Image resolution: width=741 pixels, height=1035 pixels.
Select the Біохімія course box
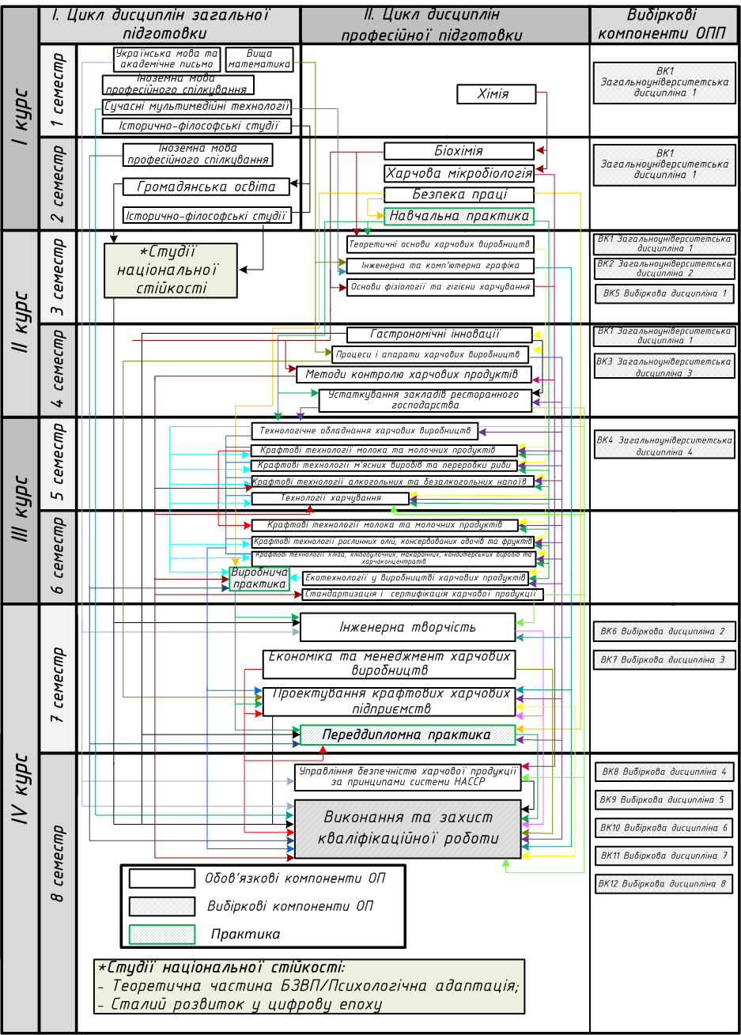(x=459, y=151)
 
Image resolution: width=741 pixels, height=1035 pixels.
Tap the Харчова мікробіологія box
(x=459, y=173)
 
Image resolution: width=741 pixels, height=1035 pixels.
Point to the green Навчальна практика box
(x=459, y=216)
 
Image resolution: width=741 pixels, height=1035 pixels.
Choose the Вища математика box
(x=259, y=59)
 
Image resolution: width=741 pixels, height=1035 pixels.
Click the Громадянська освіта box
(x=206, y=187)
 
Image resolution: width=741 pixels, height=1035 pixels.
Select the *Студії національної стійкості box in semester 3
(x=171, y=270)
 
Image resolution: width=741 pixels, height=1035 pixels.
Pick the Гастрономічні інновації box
(x=440, y=334)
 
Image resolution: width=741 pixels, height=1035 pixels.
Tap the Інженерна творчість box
(x=407, y=628)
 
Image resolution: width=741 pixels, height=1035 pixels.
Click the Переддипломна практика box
(x=407, y=735)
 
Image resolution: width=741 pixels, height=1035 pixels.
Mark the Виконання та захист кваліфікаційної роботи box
(x=407, y=829)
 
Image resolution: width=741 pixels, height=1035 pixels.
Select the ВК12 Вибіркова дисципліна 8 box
(x=663, y=884)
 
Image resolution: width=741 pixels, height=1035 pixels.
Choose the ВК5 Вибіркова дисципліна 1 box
(x=664, y=294)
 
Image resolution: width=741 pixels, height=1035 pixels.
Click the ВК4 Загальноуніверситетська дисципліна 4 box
(x=664, y=446)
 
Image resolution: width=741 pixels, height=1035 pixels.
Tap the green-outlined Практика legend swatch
(x=162, y=935)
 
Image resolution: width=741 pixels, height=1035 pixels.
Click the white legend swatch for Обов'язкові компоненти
(x=162, y=878)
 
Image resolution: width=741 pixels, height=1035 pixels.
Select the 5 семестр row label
(x=58, y=464)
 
